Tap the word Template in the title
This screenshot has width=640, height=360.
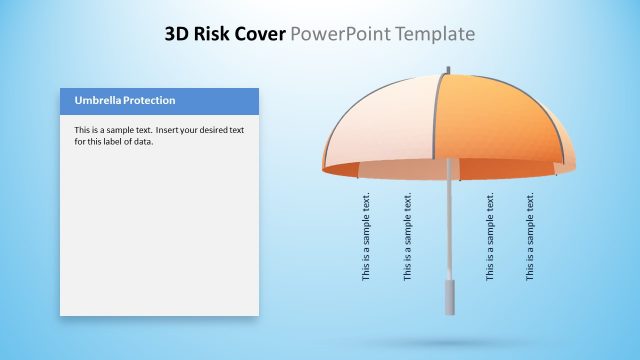pos(431,35)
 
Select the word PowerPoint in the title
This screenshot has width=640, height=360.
pos(338,35)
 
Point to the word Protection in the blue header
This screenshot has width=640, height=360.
pos(145,100)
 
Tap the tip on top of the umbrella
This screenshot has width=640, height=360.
pos(448,69)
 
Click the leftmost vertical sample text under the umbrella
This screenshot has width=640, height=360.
pos(366,236)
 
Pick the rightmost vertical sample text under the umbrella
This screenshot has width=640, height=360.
pos(531,236)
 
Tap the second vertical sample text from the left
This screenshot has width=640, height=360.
pos(408,236)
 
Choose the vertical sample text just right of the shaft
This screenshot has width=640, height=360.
pos(490,236)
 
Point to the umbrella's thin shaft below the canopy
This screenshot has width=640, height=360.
pos(449,230)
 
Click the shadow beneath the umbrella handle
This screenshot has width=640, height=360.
pos(448,343)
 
